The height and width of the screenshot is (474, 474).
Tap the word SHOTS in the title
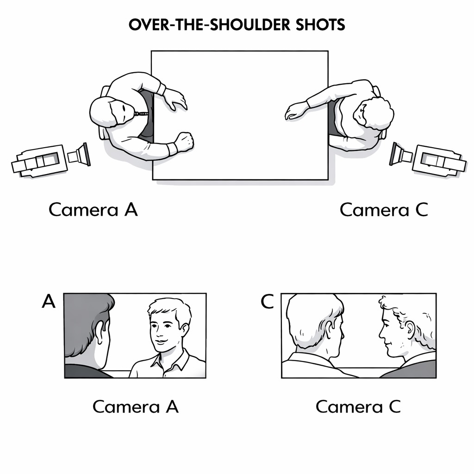point(320,25)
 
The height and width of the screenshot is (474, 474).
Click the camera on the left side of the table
point(51,160)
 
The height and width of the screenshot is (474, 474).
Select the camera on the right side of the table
point(428,159)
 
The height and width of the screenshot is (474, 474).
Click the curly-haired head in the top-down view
point(374,113)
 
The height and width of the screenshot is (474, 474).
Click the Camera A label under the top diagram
point(93,210)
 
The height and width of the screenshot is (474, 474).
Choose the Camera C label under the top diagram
point(384,210)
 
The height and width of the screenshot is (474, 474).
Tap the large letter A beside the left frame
point(49,301)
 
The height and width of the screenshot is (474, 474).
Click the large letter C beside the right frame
point(267,301)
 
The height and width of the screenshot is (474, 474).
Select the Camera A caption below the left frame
point(136,406)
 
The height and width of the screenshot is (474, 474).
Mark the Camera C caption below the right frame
point(358,406)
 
